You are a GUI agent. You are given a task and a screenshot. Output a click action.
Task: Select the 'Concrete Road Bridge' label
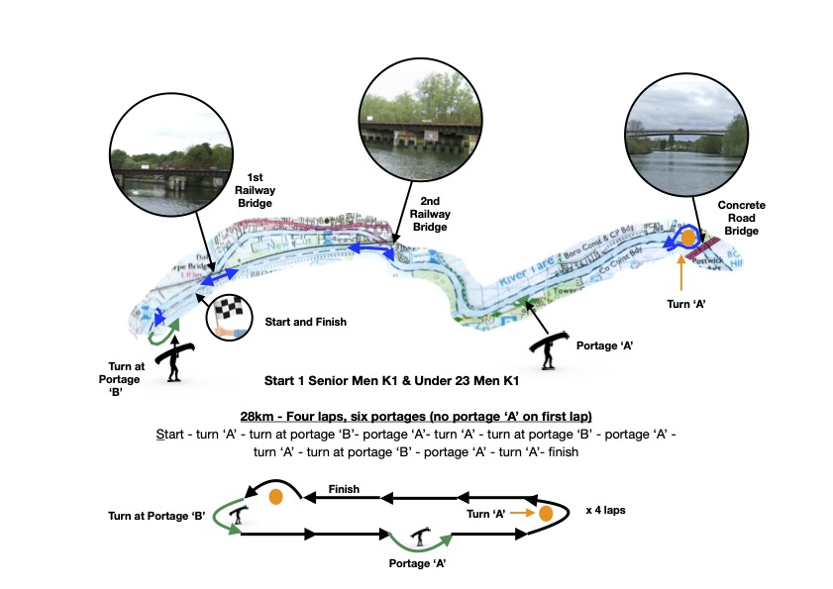742,218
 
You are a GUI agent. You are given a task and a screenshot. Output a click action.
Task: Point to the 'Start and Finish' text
304,323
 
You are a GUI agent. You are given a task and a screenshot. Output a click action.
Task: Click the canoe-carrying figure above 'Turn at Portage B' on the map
175,356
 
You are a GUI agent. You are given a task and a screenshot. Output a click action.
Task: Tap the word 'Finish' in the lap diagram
344,490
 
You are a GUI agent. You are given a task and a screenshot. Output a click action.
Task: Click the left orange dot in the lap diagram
276,496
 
